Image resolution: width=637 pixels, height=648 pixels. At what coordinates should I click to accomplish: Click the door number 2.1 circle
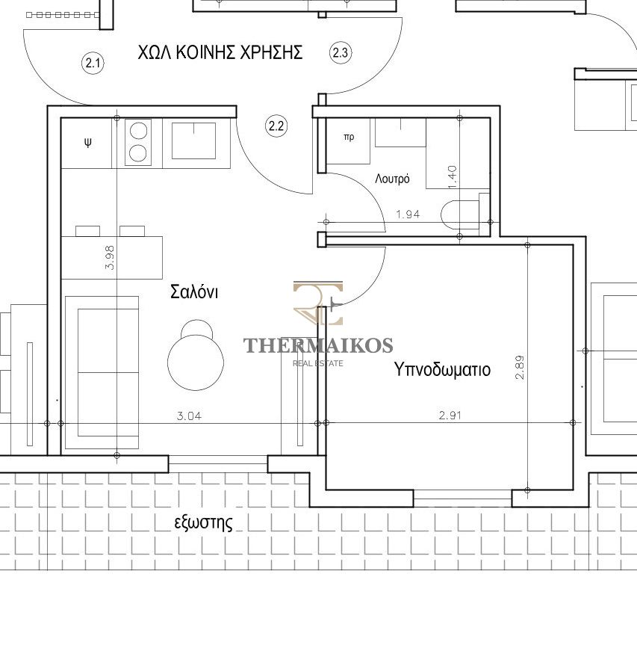(93, 64)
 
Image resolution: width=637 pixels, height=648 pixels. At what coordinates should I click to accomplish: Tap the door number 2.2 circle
(276, 126)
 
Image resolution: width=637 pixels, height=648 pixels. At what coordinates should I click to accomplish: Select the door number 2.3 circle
(341, 53)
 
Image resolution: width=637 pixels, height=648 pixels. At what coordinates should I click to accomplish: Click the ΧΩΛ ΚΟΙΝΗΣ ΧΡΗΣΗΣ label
(220, 52)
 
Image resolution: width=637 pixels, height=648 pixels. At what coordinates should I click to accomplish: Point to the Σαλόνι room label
(194, 291)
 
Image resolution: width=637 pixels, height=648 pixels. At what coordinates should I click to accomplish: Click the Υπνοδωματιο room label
(442, 369)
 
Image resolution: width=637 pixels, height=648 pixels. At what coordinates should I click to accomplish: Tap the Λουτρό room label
(392, 179)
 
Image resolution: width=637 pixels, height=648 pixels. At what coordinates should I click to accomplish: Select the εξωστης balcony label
(204, 522)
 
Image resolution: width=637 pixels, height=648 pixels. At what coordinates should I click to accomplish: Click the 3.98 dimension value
(110, 257)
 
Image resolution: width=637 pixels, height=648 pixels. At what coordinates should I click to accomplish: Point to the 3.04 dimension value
(189, 416)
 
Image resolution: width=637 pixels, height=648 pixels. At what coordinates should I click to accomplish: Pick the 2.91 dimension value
(450, 416)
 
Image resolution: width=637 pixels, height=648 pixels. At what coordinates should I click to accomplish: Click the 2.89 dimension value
(520, 367)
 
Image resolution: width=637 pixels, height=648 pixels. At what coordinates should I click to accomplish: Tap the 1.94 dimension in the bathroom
(408, 214)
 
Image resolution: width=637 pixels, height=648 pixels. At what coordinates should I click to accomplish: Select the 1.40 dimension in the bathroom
(453, 177)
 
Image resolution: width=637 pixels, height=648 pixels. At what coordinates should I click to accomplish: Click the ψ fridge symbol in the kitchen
(88, 143)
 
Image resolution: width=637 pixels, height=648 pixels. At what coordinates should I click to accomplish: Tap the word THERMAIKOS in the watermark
(318, 345)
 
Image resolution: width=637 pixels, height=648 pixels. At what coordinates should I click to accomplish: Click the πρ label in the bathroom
(349, 138)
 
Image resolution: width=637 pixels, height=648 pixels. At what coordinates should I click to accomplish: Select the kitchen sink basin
(193, 141)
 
